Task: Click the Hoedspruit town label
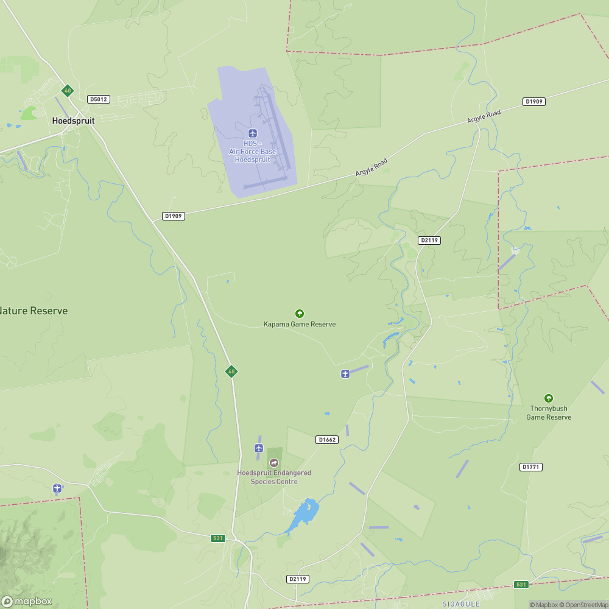pyautogui.click(x=73, y=121)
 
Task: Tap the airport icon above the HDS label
pyautogui.click(x=253, y=133)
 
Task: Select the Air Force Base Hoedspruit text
pyautogui.click(x=252, y=155)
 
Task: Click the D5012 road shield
pyautogui.click(x=98, y=99)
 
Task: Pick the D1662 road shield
pyautogui.click(x=326, y=440)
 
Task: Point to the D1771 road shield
pyautogui.click(x=531, y=467)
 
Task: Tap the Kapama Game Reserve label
pyautogui.click(x=299, y=324)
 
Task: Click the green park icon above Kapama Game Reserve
pyautogui.click(x=299, y=314)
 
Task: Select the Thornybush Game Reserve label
pyautogui.click(x=549, y=413)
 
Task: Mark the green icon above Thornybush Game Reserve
pyautogui.click(x=548, y=398)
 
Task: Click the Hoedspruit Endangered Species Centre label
pyautogui.click(x=274, y=477)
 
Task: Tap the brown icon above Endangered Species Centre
pyautogui.click(x=273, y=463)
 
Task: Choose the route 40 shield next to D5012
pyautogui.click(x=67, y=91)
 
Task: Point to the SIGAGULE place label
pyautogui.click(x=461, y=604)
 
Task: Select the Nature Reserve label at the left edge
pyautogui.click(x=33, y=311)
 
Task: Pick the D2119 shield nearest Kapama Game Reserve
pyautogui.click(x=429, y=241)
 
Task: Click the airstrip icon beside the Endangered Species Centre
pyautogui.click(x=258, y=448)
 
